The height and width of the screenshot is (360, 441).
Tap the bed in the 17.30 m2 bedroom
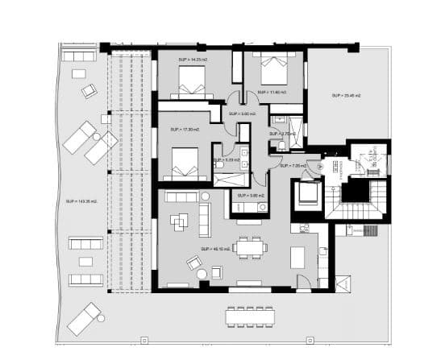[183, 165]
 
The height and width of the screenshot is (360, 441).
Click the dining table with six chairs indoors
[252, 246]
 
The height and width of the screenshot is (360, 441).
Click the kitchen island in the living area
[297, 258]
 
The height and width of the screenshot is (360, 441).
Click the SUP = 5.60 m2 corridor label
[241, 114]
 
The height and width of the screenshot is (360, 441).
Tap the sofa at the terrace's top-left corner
[79, 56]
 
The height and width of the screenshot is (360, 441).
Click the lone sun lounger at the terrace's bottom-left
[85, 318]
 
